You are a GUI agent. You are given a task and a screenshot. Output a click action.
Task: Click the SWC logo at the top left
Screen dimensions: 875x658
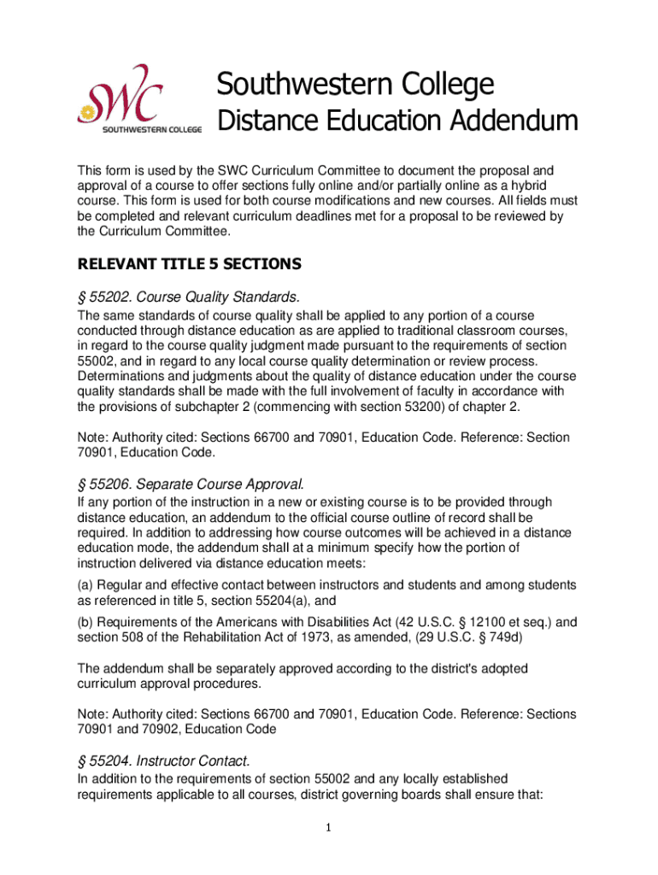[139, 99]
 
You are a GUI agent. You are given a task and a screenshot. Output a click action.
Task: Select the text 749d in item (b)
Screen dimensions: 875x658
[536, 637]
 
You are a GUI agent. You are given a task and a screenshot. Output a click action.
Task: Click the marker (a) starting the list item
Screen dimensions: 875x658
[85, 584]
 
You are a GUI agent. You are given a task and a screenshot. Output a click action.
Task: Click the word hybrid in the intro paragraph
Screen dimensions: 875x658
[528, 185]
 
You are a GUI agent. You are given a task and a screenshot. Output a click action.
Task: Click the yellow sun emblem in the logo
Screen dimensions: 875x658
[85, 113]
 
